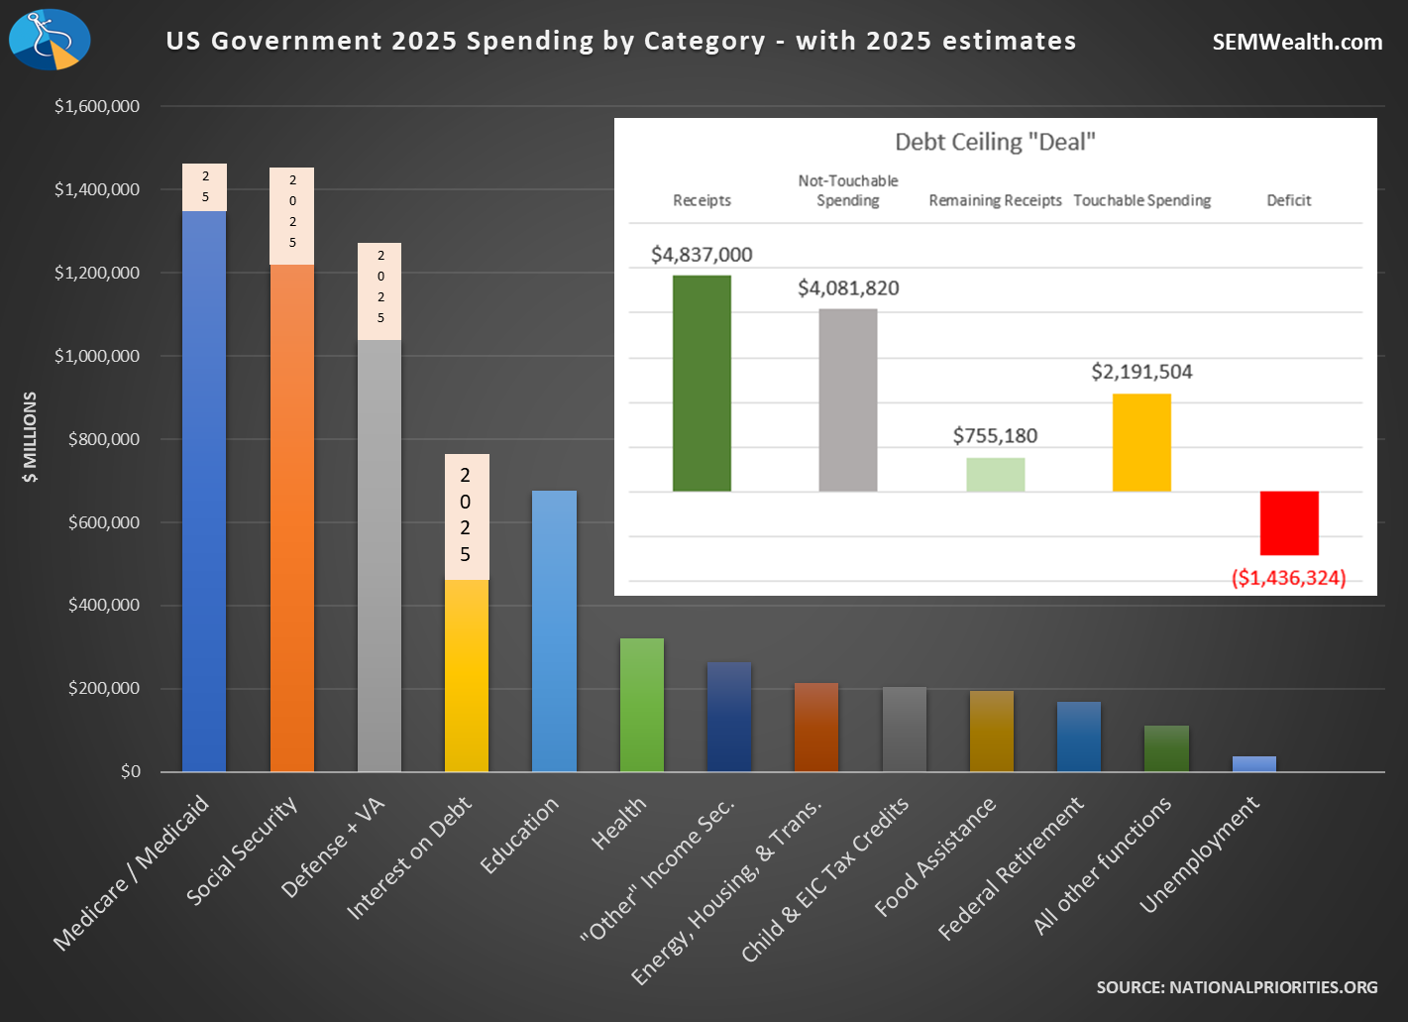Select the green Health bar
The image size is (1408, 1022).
pos(641,705)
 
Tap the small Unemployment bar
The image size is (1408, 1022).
pos(1253,764)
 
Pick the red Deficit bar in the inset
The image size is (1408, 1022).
pos(1289,523)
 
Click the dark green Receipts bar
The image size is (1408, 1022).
pos(702,384)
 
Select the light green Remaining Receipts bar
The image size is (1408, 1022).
pos(995,475)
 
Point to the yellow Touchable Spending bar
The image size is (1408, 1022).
pos(1141,443)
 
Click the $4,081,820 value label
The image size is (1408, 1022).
pos(848,288)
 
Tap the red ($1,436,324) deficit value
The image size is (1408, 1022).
pos(1288,578)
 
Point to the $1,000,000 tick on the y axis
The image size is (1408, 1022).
pos(97,356)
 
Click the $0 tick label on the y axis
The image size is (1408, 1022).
pos(130,771)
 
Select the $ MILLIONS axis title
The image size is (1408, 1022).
pos(31,437)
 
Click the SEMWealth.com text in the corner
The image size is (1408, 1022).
pos(1297,42)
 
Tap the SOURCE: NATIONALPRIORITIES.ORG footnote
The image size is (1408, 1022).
pos(1237,987)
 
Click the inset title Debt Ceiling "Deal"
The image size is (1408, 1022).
pos(995,142)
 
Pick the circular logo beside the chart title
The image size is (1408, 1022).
pos(50,40)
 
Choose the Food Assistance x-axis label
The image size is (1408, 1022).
pos(935,856)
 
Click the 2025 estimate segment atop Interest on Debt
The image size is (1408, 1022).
pos(466,516)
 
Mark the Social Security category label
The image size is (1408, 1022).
pos(242,850)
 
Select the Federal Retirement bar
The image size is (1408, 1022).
pos(1078,737)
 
